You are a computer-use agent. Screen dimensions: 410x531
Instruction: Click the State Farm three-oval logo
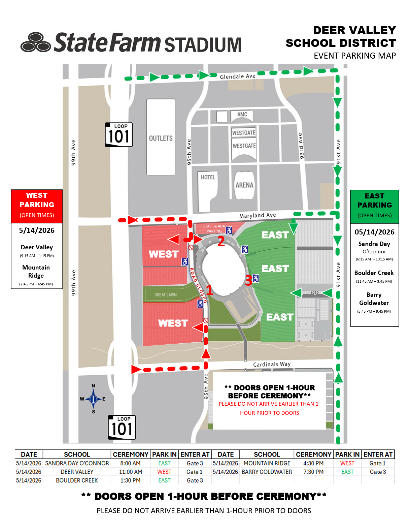pos(36,42)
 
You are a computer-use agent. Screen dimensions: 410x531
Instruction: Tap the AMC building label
pos(242,114)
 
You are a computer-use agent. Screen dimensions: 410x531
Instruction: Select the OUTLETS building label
pos(161,138)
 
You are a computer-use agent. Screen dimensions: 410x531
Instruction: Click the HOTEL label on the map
pos(208,177)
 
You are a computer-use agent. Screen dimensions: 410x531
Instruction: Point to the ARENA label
pos(244,185)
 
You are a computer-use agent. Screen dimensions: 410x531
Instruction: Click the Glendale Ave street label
pos(237,76)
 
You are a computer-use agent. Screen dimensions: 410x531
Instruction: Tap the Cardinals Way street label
pos(272,364)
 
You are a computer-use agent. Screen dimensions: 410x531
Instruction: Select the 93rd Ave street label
pos(301,146)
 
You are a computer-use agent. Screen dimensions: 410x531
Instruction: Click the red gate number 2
pos(221,242)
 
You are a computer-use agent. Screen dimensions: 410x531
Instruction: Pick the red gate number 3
pos(248,280)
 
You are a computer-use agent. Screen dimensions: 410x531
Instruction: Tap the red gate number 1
pos(209,290)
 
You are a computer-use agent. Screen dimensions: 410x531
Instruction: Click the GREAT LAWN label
pos(166,295)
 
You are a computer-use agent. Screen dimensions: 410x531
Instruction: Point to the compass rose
pos(93,399)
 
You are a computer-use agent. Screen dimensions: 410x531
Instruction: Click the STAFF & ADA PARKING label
pos(214,228)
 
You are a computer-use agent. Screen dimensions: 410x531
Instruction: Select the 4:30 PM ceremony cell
pos(313,463)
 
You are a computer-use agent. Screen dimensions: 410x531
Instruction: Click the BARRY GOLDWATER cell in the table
pos(267,472)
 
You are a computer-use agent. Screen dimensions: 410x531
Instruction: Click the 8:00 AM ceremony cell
pos(130,463)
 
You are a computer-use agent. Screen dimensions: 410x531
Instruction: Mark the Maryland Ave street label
pos(258,215)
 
